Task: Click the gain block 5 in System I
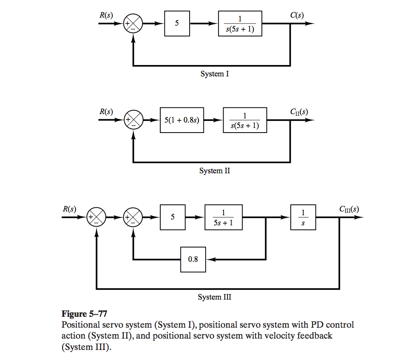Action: tap(177, 23)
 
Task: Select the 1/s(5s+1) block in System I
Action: tap(240, 24)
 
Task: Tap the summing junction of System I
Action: tap(133, 23)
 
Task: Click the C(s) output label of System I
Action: tap(297, 16)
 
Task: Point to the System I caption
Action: tap(215, 74)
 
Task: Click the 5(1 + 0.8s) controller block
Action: tap(182, 120)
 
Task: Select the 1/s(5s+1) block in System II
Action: tap(245, 120)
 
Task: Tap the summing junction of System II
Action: tap(133, 120)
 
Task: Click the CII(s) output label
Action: tap(299, 112)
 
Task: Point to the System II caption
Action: tap(215, 171)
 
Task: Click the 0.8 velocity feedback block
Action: tap(193, 259)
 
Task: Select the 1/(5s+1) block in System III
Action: tap(223, 217)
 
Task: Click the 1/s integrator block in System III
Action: tap(303, 217)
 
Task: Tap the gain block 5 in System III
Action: tap(173, 217)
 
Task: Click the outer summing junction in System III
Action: tap(96, 217)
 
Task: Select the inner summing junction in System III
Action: tap(133, 217)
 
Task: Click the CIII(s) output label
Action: tap(349, 209)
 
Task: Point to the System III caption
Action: tap(215, 297)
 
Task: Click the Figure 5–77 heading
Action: tap(82, 314)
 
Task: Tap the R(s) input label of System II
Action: tap(106, 112)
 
